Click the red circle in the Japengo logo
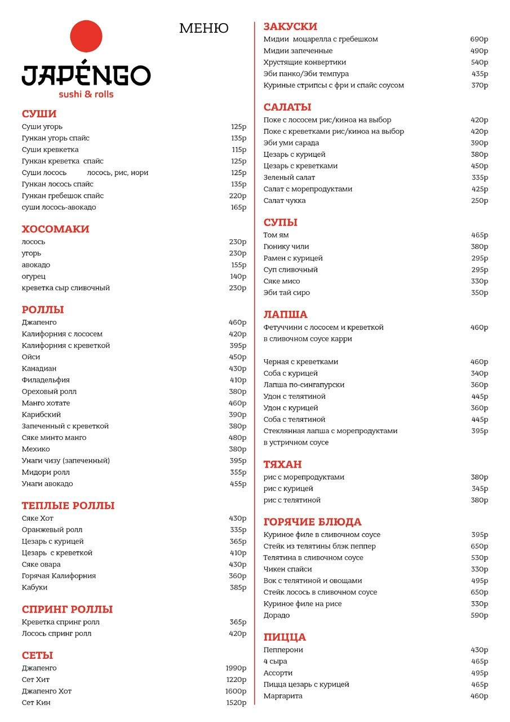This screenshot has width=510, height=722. (x=86, y=37)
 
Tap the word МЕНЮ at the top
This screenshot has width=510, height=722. (x=203, y=28)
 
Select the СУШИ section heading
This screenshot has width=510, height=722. (x=39, y=114)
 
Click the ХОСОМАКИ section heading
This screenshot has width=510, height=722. (x=55, y=229)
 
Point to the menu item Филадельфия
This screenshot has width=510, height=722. (x=46, y=380)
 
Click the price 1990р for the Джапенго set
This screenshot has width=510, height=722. (x=236, y=668)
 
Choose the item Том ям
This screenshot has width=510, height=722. (x=276, y=235)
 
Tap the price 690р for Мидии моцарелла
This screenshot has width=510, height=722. (x=479, y=39)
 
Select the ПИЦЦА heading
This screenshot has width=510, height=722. (x=285, y=637)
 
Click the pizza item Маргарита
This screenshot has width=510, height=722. (x=283, y=696)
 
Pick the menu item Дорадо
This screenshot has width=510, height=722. (x=276, y=615)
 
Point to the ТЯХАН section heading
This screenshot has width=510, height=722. (x=282, y=464)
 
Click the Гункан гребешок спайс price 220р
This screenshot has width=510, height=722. (x=238, y=196)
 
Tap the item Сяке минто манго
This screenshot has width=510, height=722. (x=54, y=438)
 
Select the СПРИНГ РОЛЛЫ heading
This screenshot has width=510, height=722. (x=67, y=609)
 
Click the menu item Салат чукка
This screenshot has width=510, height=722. (x=285, y=201)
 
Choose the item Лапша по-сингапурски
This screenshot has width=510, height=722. (x=304, y=385)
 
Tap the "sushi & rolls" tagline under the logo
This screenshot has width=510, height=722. (x=86, y=94)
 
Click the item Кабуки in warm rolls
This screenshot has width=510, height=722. (x=34, y=587)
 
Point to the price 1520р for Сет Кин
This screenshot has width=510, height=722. (x=236, y=703)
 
